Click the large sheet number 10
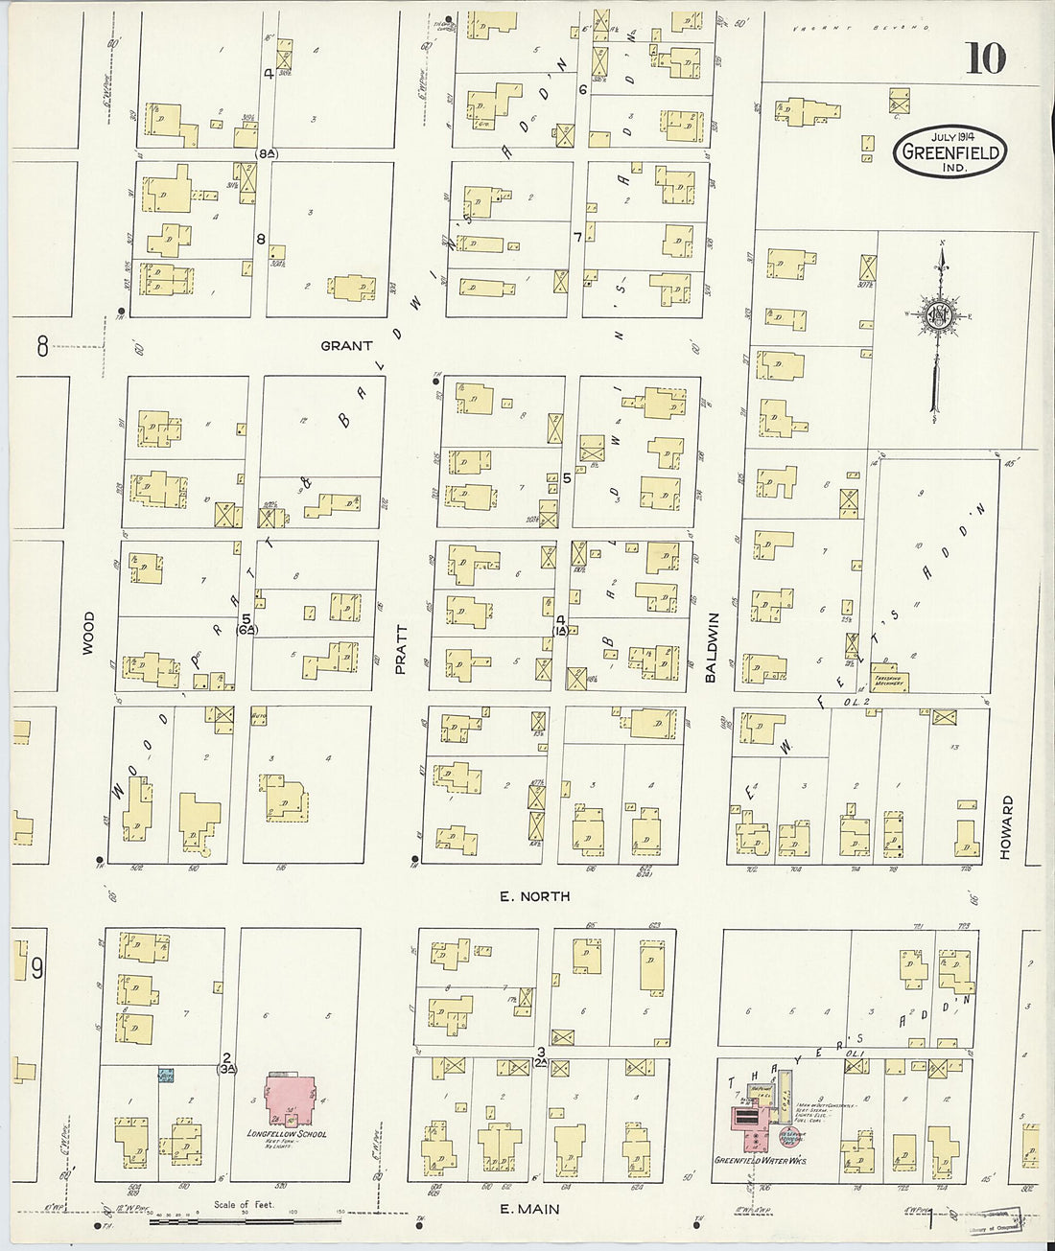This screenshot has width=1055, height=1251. (985, 58)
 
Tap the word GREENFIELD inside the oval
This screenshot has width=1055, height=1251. (950, 152)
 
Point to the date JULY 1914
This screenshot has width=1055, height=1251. (949, 135)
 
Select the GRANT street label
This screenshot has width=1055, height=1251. (346, 345)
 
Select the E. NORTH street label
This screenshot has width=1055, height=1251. (534, 896)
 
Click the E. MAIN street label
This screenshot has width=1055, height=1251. (531, 1210)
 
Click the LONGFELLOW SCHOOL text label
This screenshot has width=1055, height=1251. (287, 1135)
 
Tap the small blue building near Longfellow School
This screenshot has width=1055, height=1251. (167, 1075)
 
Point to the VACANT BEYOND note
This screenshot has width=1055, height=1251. (861, 28)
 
